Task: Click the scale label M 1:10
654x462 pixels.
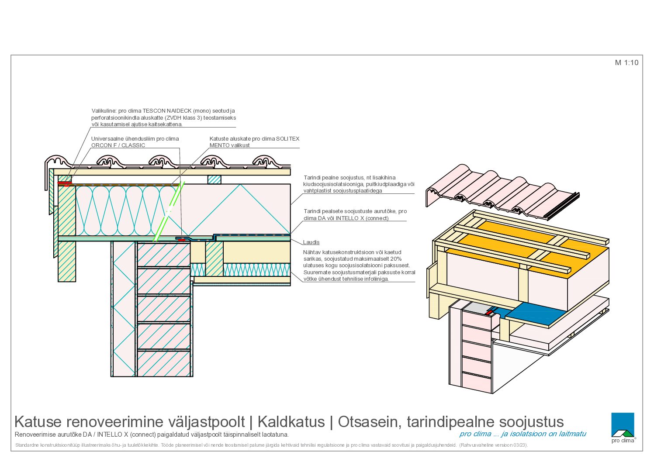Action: [x=626, y=62]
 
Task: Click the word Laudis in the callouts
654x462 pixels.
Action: [x=311, y=242]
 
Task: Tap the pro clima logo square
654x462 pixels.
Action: [x=623, y=424]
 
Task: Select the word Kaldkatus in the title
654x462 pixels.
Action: [x=291, y=422]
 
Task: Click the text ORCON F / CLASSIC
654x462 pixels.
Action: [x=118, y=145]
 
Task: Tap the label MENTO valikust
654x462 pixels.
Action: [x=229, y=145]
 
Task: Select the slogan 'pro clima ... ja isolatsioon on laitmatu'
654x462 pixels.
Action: [x=523, y=434]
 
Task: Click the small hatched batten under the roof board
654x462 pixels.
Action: [x=215, y=180]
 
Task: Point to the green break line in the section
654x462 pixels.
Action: [x=169, y=212]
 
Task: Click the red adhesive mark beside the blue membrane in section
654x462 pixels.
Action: [x=182, y=240]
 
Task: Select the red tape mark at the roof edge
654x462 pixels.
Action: [x=65, y=183]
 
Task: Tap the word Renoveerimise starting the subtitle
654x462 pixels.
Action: [x=35, y=434]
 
